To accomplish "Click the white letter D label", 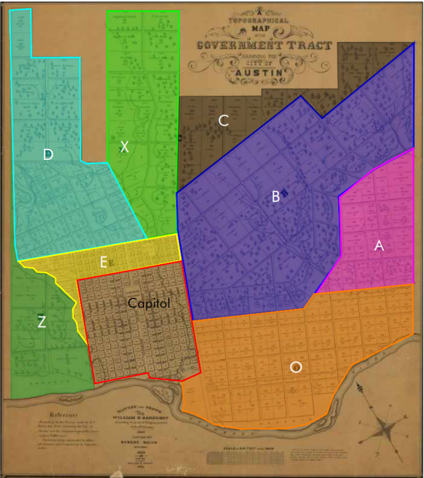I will click(x=48, y=155).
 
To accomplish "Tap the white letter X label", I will click(x=125, y=147).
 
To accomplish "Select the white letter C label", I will click(x=224, y=121).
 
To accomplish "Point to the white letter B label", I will click(x=276, y=196).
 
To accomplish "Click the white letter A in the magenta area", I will click(x=379, y=245).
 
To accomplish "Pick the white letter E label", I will click(x=104, y=262).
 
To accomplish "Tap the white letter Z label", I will click(x=42, y=322).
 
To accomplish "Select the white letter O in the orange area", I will click(x=296, y=367).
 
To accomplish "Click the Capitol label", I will click(x=148, y=303).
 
